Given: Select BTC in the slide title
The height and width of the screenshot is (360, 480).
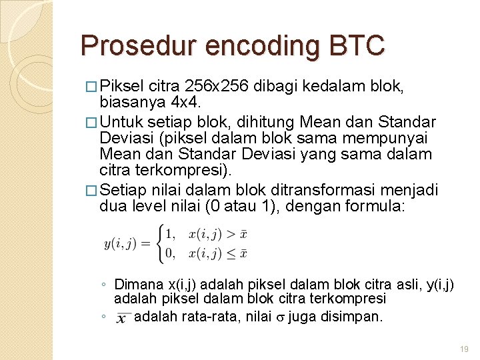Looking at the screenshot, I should pos(362,46).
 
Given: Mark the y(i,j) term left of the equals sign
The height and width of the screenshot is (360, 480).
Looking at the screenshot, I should pos(121,244).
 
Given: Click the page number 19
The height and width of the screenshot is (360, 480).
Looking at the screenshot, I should pos(465,349).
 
